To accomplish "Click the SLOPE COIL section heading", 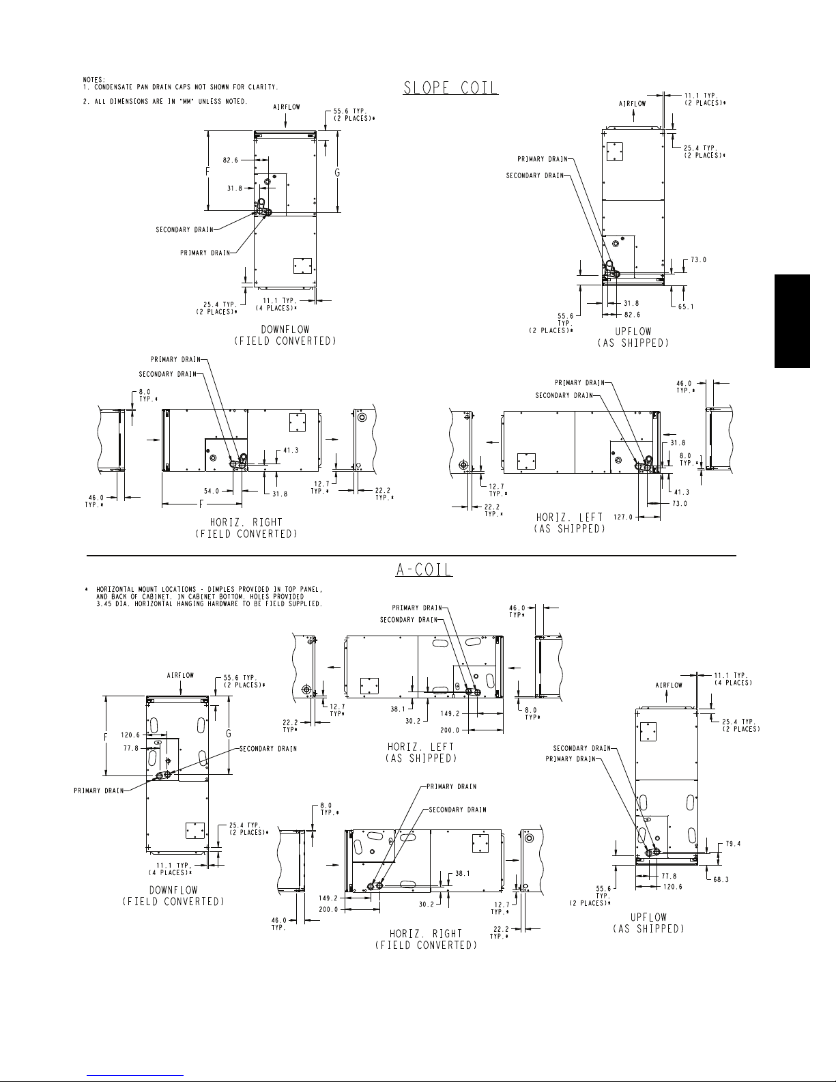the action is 450,87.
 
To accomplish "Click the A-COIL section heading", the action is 424,569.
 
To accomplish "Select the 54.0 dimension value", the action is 212,491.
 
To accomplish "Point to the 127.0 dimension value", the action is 623,517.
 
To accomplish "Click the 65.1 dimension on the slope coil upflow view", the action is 686,307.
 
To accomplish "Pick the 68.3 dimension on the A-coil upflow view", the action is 721,880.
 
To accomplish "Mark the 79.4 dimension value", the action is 733,844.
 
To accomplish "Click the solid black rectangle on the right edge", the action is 792,321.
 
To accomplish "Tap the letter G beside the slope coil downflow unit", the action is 337,173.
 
